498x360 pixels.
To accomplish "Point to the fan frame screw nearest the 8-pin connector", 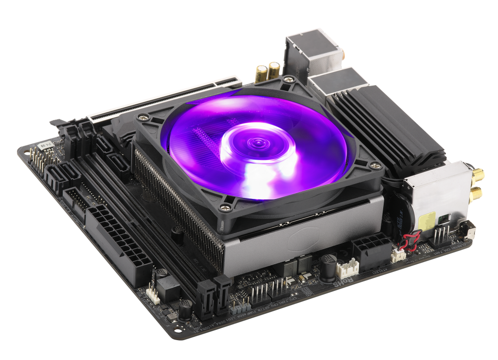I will point(224,208).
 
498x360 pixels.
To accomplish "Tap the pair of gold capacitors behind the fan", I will point(267,72).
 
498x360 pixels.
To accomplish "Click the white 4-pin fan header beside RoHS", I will point(349,268).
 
